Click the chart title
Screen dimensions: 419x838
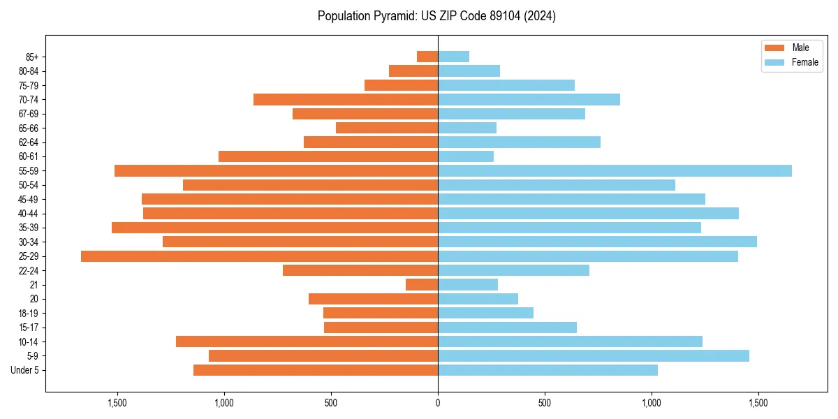point(436,16)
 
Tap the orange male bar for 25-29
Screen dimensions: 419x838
point(259,256)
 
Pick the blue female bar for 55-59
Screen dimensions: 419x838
point(615,171)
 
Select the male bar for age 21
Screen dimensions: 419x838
point(422,285)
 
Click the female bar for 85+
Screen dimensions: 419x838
point(453,57)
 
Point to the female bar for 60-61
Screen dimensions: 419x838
point(466,156)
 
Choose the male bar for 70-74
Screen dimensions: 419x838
point(346,99)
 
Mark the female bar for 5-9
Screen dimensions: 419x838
point(594,356)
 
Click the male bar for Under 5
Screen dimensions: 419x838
point(316,370)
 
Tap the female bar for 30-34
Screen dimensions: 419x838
point(597,242)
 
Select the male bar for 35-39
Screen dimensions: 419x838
point(274,228)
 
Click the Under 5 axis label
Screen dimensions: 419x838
point(25,370)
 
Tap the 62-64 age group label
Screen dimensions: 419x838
point(29,142)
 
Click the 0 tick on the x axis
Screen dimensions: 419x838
point(438,403)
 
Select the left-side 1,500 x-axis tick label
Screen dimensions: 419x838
point(117,403)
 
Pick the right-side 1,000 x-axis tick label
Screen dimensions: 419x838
point(652,403)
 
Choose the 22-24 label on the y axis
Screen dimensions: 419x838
point(29,271)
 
